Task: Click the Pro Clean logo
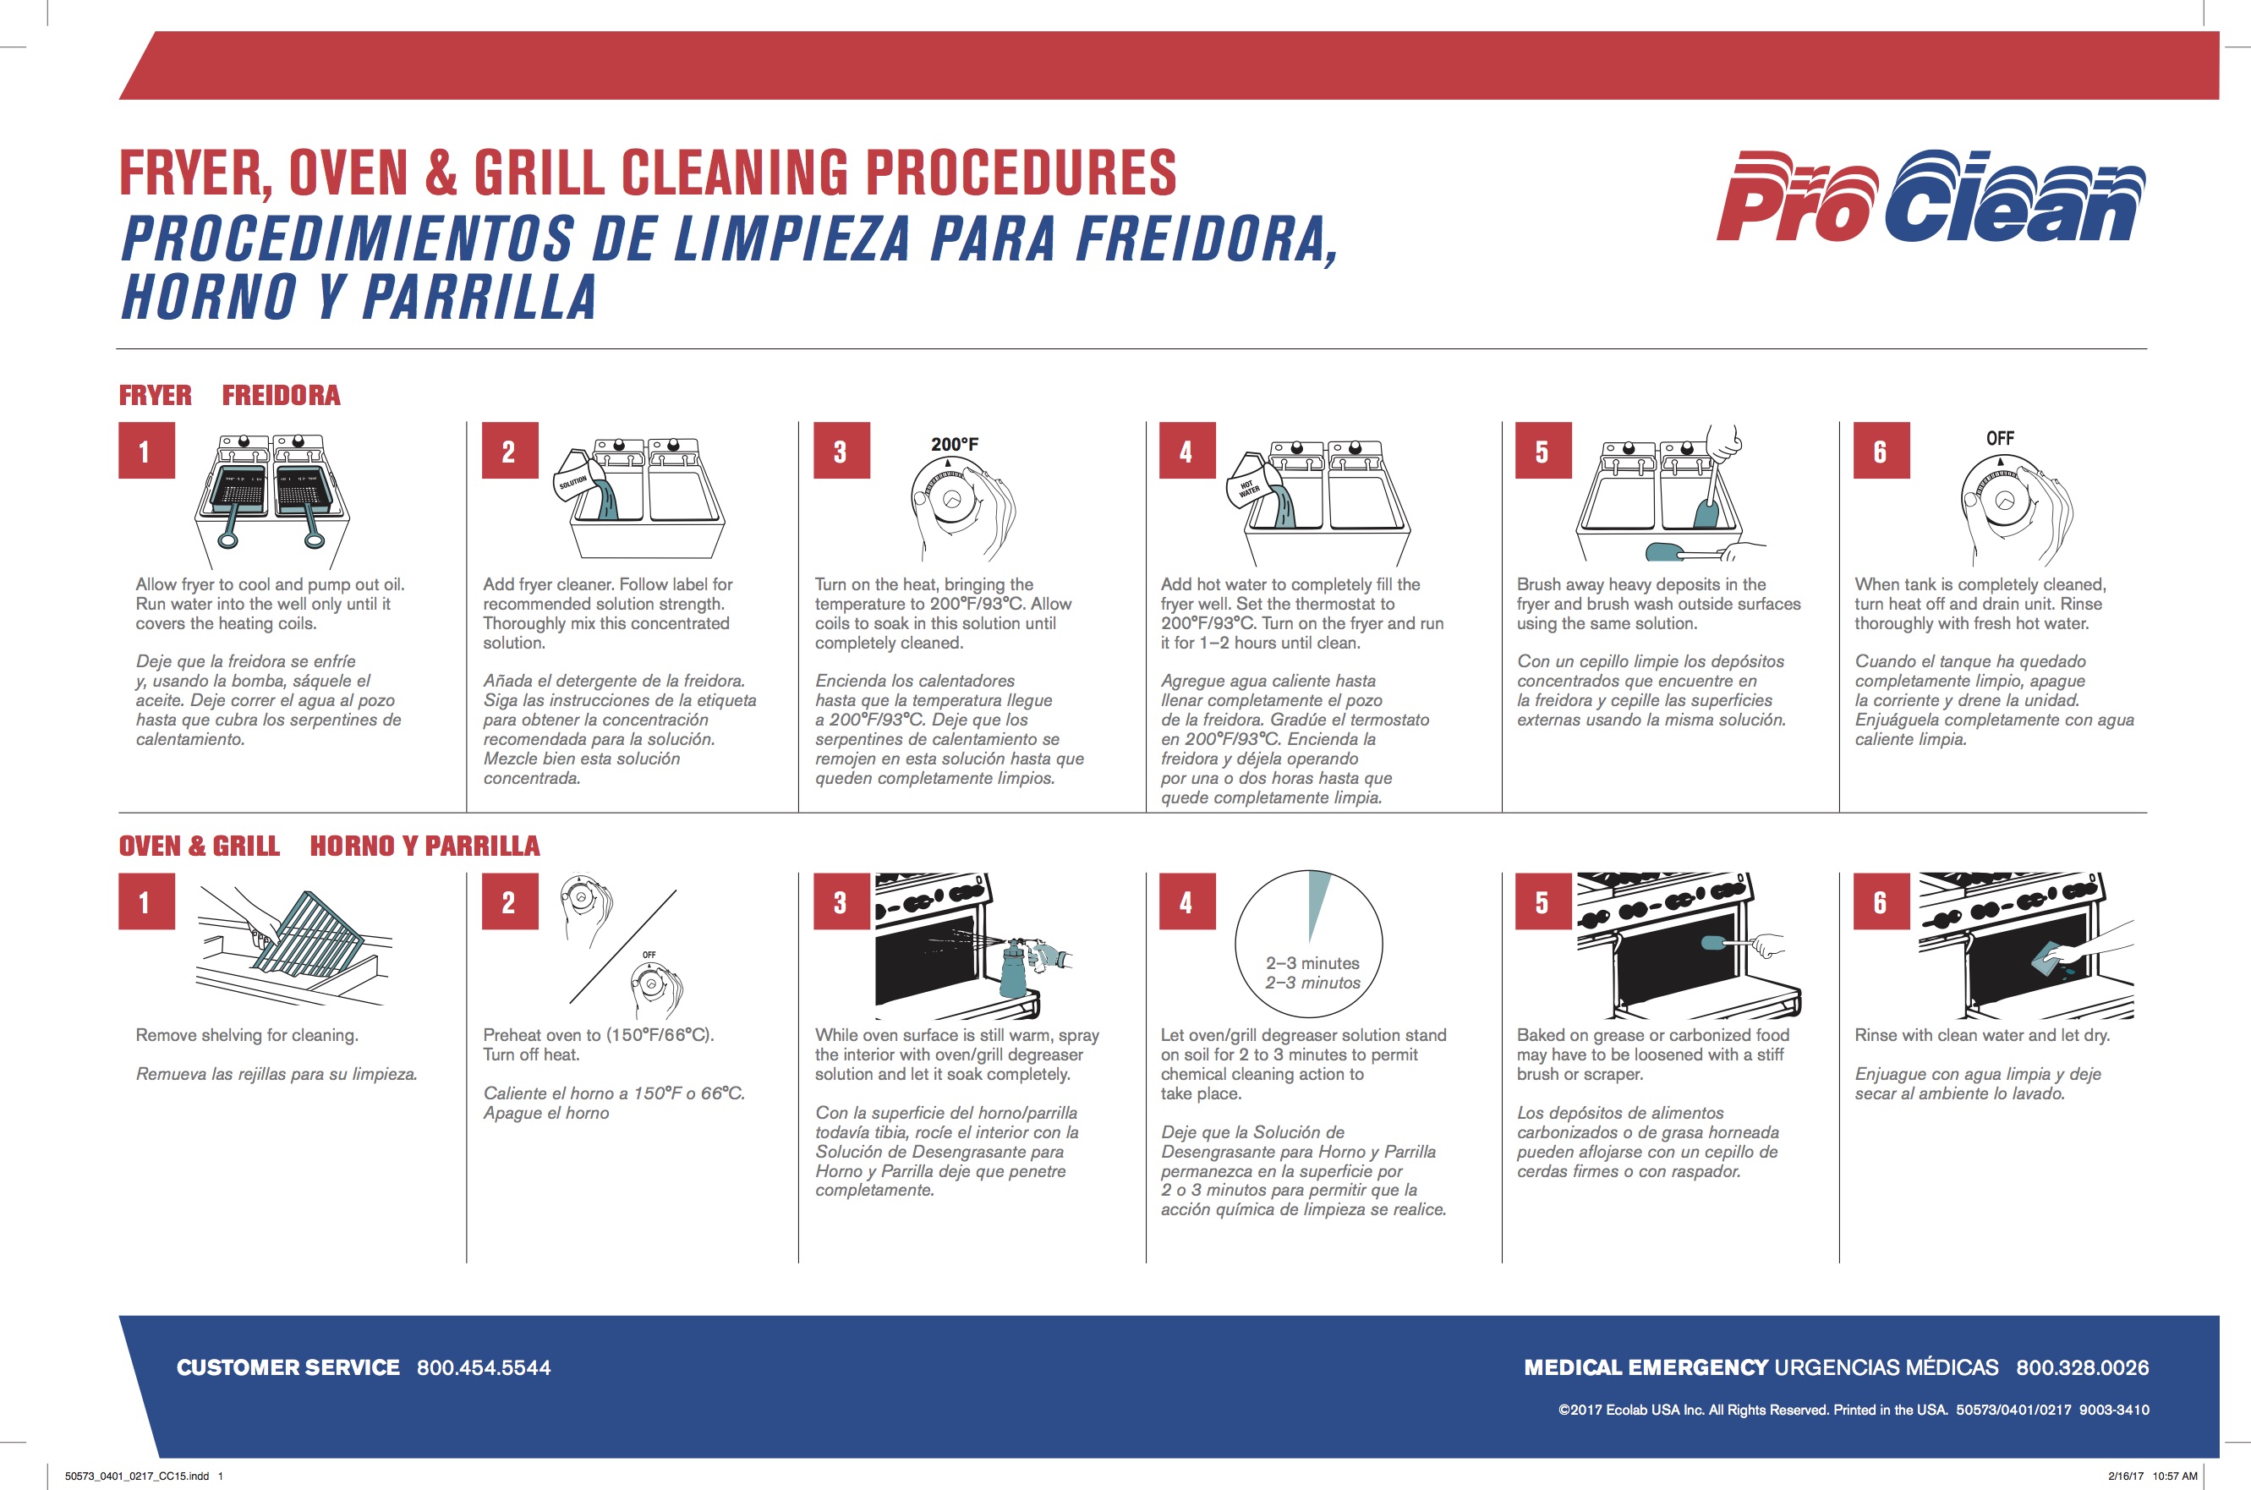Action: click(1929, 197)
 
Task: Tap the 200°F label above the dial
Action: click(954, 444)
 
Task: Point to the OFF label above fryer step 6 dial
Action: click(1999, 438)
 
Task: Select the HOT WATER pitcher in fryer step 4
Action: click(1250, 485)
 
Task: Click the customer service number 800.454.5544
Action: click(484, 1367)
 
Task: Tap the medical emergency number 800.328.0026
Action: click(2082, 1367)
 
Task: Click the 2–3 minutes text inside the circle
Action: click(1312, 962)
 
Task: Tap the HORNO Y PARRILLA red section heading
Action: click(424, 846)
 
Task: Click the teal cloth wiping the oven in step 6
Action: click(2049, 958)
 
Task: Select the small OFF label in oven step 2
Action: click(649, 954)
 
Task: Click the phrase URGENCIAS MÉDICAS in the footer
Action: click(1887, 1367)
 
